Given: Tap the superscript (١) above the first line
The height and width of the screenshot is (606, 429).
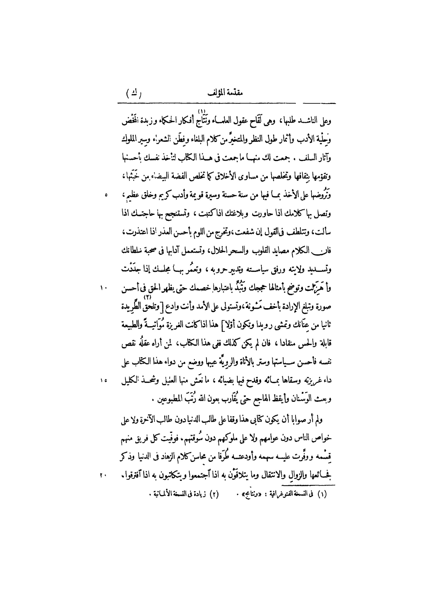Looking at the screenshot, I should point(202,111).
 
